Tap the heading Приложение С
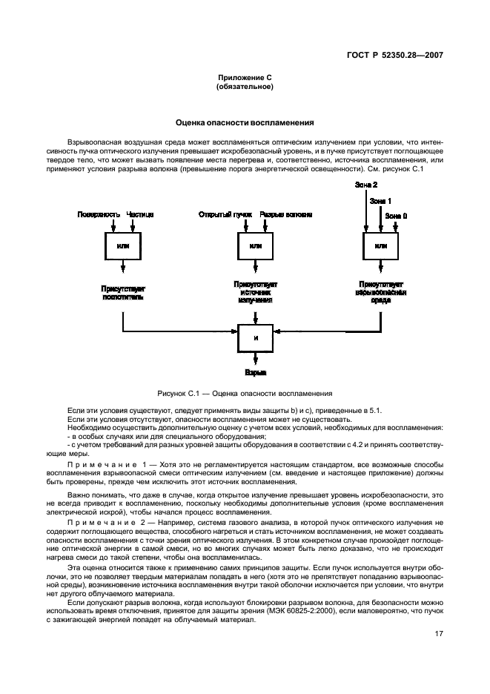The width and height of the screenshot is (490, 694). (x=245, y=78)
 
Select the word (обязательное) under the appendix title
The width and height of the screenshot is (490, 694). (x=245, y=87)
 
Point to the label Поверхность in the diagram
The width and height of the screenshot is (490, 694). (x=99, y=214)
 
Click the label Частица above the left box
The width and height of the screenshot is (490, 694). (x=140, y=214)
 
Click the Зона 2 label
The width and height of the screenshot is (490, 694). (x=366, y=183)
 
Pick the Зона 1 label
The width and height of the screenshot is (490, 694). (x=380, y=200)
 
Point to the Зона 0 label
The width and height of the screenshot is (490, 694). (x=396, y=214)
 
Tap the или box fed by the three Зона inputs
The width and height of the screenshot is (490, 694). (x=381, y=245)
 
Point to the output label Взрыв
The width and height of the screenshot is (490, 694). (x=256, y=374)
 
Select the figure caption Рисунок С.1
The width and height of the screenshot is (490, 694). (x=245, y=393)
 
